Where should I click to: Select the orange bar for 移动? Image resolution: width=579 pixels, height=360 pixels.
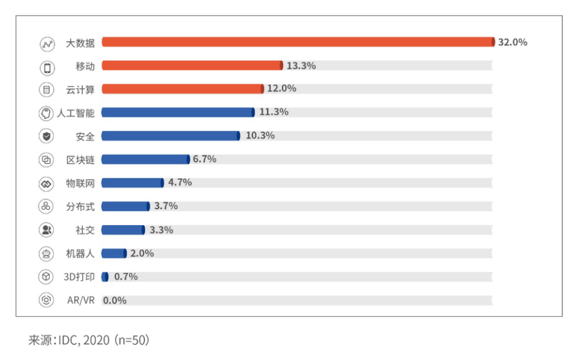[192, 65]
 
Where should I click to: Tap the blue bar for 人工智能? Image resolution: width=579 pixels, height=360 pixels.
[178, 112]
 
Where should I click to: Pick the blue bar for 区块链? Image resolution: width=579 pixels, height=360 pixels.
[146, 159]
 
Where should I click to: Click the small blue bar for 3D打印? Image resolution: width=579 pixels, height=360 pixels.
[105, 277]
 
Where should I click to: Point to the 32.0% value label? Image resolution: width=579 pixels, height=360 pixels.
[513, 43]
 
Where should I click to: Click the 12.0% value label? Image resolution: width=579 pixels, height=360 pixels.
[282, 88]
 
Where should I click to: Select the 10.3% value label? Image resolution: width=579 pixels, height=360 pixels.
[260, 135]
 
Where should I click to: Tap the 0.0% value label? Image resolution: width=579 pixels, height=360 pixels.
[115, 301]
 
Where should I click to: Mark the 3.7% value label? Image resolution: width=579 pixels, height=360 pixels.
[166, 206]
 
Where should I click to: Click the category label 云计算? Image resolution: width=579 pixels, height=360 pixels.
[81, 89]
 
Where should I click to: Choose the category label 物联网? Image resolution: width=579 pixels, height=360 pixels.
[81, 183]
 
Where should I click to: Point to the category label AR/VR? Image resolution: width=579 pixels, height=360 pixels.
[81, 301]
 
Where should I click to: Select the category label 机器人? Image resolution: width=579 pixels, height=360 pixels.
[81, 254]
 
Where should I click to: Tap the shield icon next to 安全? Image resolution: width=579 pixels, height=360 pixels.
[46, 136]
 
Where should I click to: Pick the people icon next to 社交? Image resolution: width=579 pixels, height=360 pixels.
[46, 230]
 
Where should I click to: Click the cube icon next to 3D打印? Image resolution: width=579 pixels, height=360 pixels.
[46, 277]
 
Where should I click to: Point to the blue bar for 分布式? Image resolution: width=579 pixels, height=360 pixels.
[126, 206]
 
